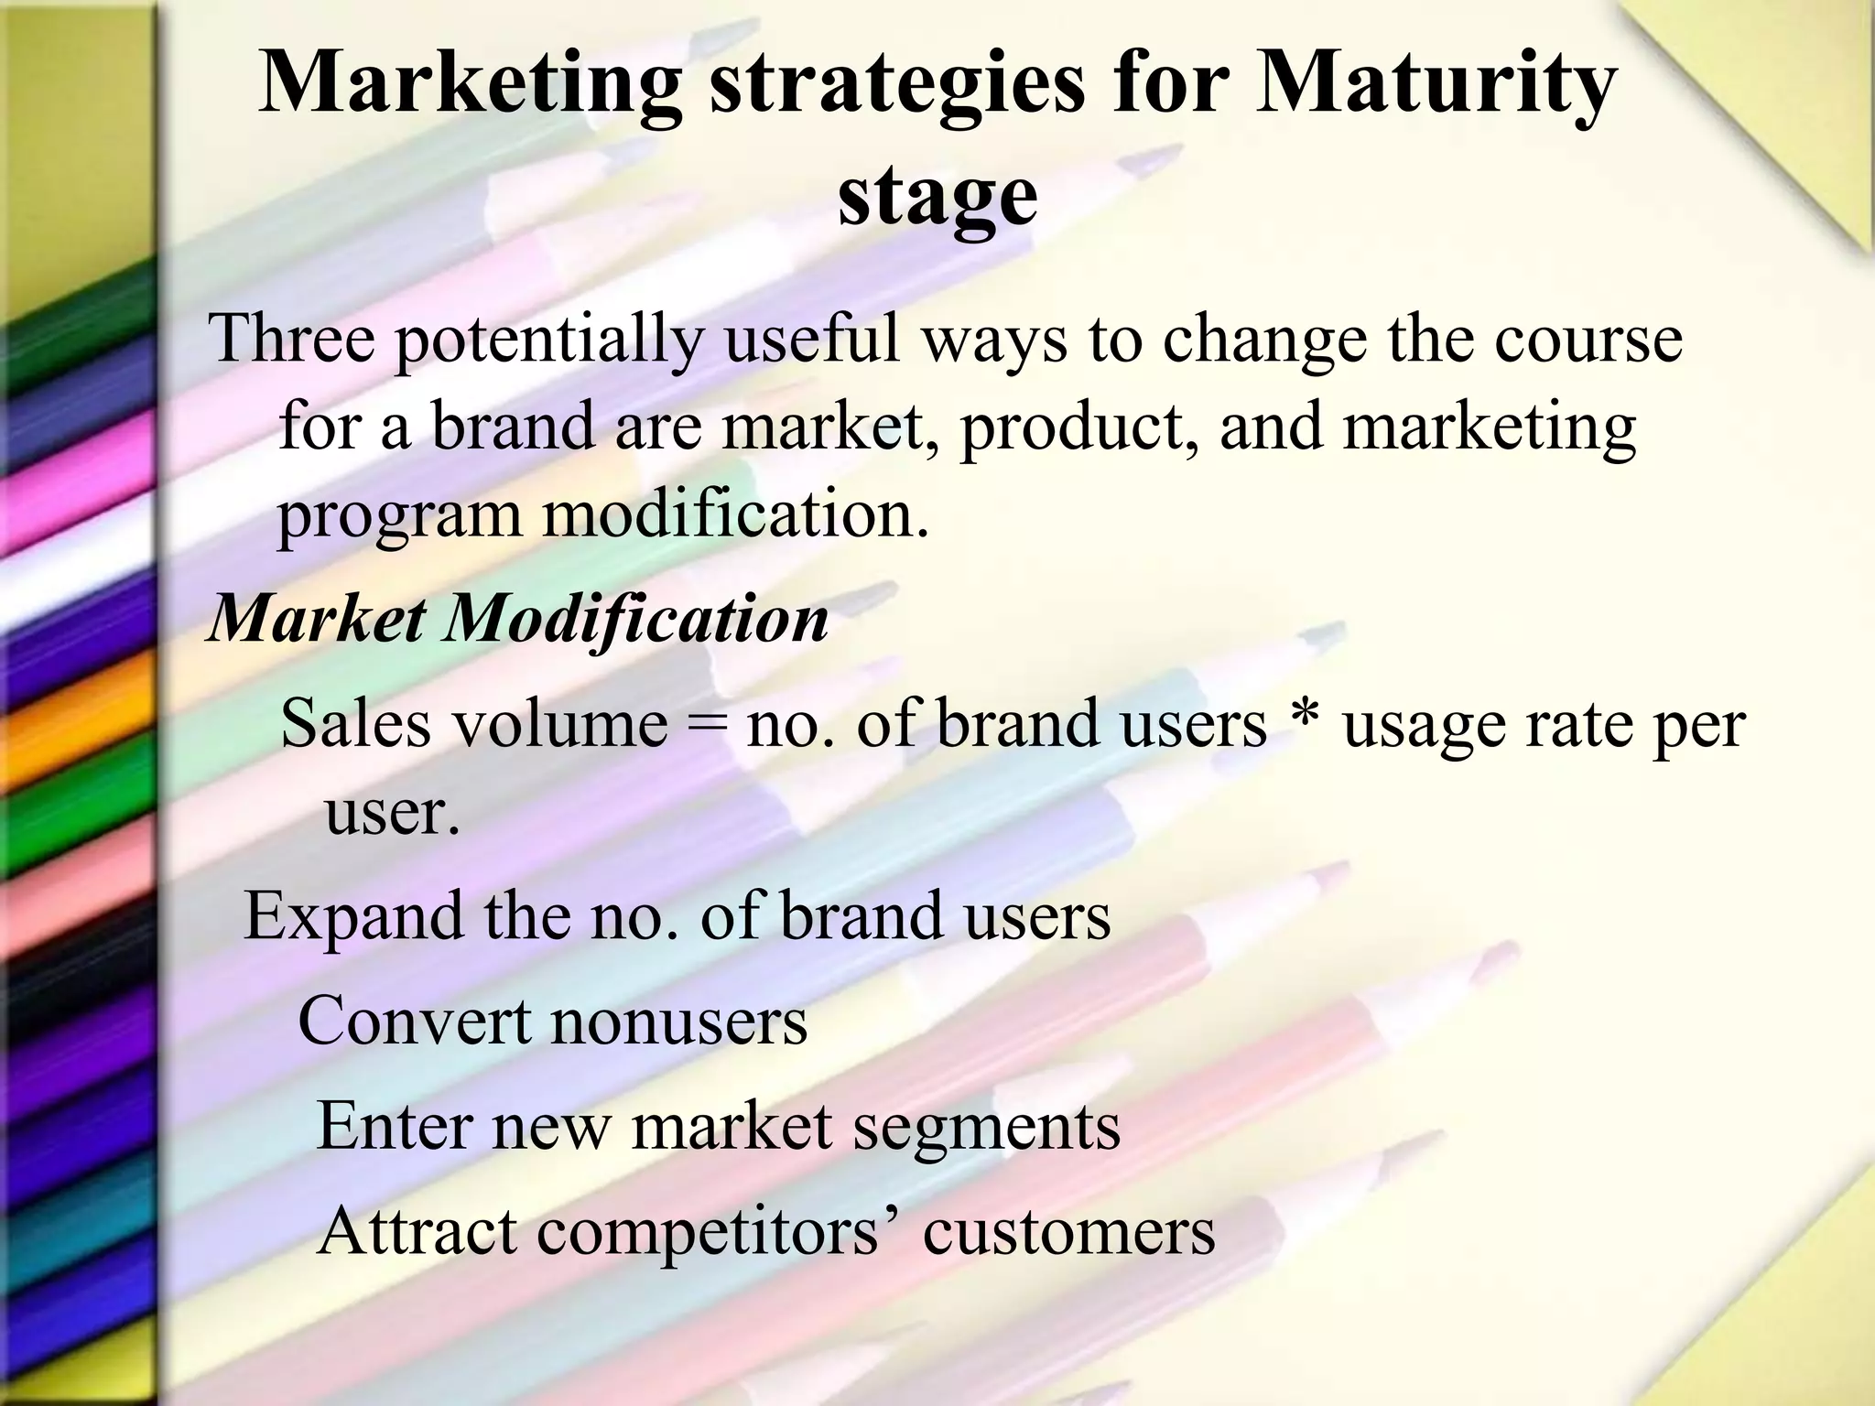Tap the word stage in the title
click(937, 200)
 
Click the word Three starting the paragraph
click(292, 338)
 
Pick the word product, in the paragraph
click(1079, 428)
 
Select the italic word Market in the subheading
click(317, 619)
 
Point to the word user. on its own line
click(392, 813)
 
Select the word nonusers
click(679, 1022)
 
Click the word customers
click(1068, 1232)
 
